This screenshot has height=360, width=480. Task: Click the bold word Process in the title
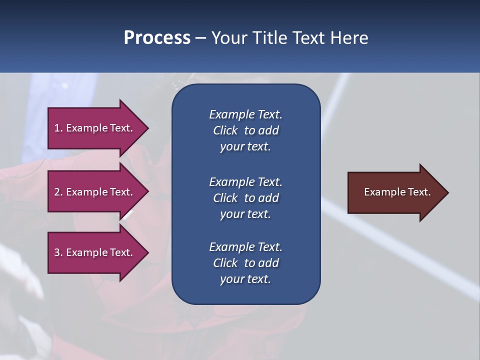coord(157,38)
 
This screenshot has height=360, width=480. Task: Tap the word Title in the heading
coord(269,38)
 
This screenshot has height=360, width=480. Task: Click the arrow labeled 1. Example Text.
coord(95,128)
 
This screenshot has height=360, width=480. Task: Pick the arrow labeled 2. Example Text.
coord(95,192)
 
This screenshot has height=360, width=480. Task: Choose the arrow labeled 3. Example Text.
coord(95,252)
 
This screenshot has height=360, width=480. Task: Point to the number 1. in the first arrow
coord(58,128)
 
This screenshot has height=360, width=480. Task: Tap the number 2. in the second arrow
coord(58,192)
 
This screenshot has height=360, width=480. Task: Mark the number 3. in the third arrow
coord(58,252)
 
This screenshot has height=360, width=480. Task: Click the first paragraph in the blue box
coord(245,130)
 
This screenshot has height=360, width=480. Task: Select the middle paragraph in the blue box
coord(245,197)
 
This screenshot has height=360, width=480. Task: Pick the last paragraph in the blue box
coord(245,263)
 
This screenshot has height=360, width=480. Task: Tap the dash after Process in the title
coord(200,38)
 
